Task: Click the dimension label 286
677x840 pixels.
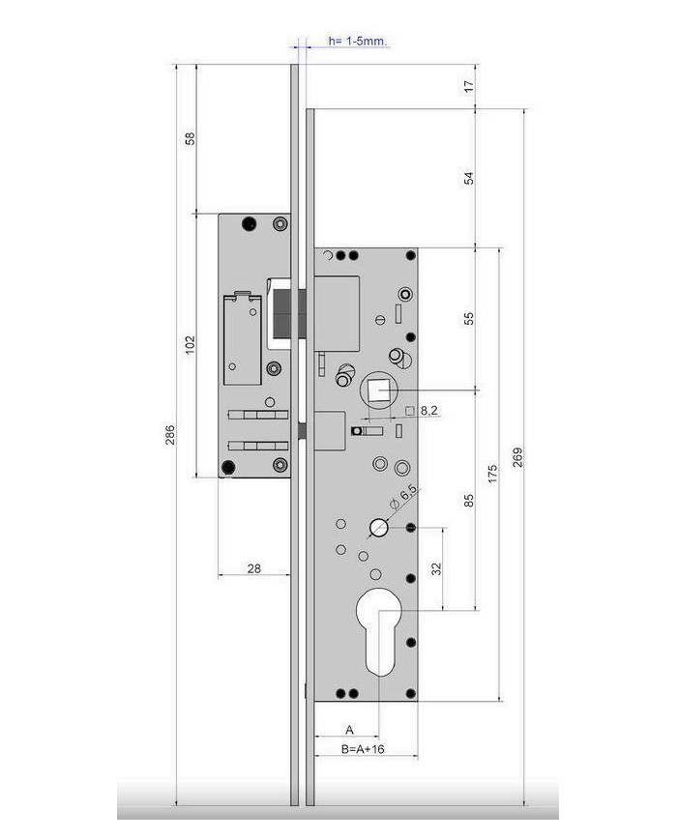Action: tap(169, 435)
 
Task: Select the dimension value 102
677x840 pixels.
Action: tap(190, 345)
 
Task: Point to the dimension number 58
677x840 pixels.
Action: tap(190, 138)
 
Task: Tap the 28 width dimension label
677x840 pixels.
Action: tap(254, 568)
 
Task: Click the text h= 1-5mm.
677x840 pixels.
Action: tap(358, 41)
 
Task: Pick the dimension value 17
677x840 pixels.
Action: tap(468, 86)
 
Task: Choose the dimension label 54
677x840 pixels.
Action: tap(468, 178)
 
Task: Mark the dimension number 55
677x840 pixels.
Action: tap(468, 318)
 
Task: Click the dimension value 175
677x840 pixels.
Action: tap(492, 474)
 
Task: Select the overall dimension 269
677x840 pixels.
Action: tap(517, 457)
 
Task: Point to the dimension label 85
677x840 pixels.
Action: tap(468, 501)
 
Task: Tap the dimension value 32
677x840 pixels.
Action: tap(437, 568)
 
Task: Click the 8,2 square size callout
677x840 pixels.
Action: tap(428, 411)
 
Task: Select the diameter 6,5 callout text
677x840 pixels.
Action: tap(403, 497)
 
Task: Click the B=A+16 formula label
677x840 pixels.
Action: tap(363, 748)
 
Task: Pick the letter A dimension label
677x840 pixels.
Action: tap(349, 729)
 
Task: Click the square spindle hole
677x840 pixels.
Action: tap(379, 390)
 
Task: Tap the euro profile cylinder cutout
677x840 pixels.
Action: tap(379, 631)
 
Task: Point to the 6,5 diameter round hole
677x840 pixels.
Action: tap(379, 528)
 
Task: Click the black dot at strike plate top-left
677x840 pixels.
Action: tap(249, 224)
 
